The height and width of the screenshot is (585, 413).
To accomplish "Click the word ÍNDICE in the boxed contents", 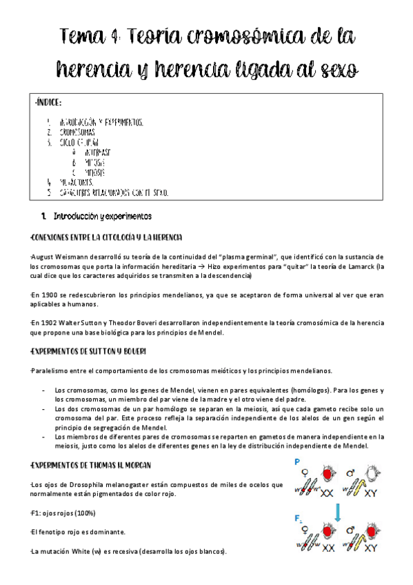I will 49,103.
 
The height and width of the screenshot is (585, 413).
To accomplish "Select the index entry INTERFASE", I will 96,152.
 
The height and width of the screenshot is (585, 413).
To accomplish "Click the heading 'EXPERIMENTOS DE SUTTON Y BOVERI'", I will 89,352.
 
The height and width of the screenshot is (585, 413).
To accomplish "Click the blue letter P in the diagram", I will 296,463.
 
